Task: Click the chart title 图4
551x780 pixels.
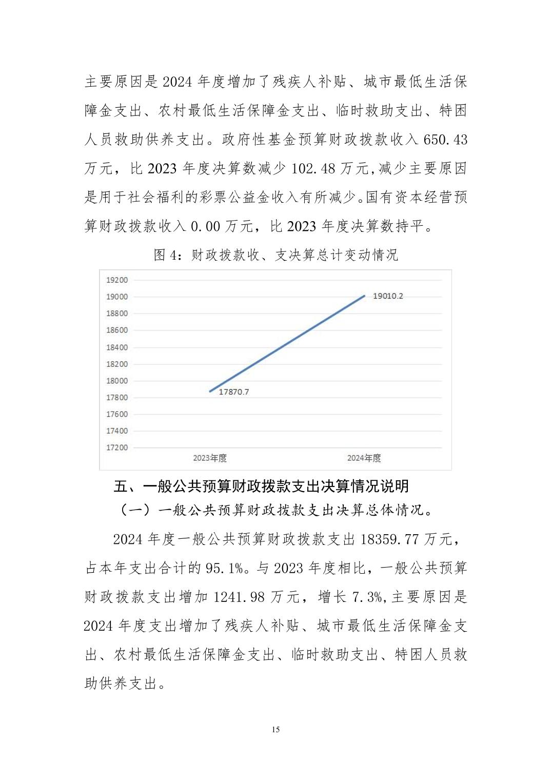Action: click(x=275, y=255)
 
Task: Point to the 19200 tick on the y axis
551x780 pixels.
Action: click(x=116, y=280)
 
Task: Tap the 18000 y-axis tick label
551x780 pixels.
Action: click(x=116, y=381)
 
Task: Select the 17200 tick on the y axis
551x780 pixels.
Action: click(x=116, y=447)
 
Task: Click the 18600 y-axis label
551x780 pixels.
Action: click(x=116, y=330)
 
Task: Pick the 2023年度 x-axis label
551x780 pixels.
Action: click(x=210, y=458)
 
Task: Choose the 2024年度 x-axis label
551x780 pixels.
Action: click(x=364, y=458)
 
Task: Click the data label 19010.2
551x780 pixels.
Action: click(x=388, y=296)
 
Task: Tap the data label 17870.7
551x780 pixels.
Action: click(x=233, y=392)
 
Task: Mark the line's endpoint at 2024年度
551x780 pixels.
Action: click(x=364, y=296)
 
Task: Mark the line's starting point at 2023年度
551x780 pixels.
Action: click(x=210, y=392)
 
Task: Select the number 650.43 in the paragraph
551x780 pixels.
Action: click(x=445, y=140)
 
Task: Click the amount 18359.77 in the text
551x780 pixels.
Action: click(x=390, y=539)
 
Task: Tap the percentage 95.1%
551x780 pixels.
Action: click(x=224, y=568)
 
